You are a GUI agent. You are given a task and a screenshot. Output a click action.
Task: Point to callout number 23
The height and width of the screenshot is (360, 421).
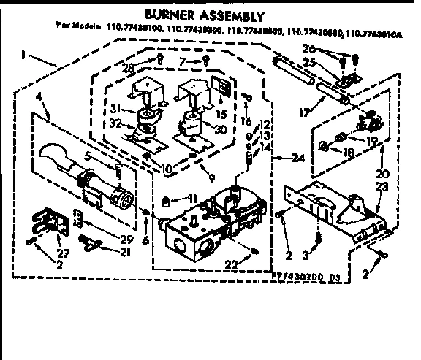(x=381, y=187)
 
